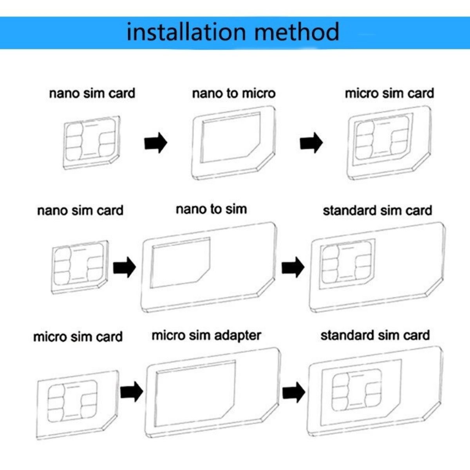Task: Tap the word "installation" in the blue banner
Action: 186,32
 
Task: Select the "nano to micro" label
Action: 234,93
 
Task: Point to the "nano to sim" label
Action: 211,209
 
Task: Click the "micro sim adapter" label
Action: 206,335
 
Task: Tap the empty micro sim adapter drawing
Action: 213,394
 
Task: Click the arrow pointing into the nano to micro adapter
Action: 155,143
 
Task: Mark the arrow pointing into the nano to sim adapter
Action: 125,268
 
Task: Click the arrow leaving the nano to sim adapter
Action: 293,268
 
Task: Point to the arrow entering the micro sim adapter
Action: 132,392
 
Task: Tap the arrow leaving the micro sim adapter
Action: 294,392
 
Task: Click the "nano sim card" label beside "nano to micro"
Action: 92,93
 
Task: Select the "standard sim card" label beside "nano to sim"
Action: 377,210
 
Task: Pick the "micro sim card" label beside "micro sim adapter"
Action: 78,336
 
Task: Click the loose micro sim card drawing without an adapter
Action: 78,403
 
